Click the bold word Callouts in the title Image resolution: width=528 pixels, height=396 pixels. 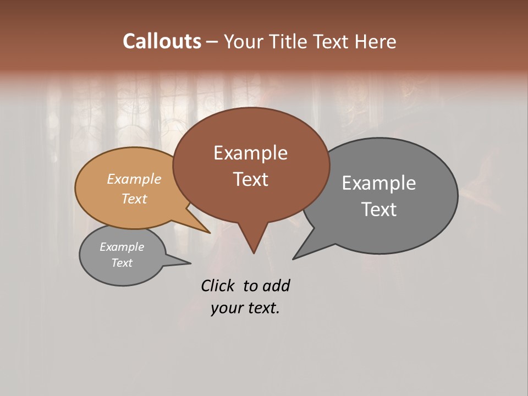coord(162,41)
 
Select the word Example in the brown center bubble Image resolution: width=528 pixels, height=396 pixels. coord(250,153)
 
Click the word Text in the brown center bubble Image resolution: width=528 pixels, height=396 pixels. coord(250,179)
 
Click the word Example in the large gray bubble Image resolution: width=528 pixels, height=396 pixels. coord(378,183)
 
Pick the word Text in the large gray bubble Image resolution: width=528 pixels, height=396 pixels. coord(378,210)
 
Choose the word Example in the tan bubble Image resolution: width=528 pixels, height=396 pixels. coord(134,179)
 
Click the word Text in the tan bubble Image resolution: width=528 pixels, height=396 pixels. coord(134,199)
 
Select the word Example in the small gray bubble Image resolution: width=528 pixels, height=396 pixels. coord(122,247)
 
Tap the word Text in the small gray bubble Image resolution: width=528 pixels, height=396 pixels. coord(122,263)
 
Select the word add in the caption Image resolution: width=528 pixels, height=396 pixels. coord(276,285)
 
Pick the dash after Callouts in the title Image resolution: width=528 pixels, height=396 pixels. coord(212,42)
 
